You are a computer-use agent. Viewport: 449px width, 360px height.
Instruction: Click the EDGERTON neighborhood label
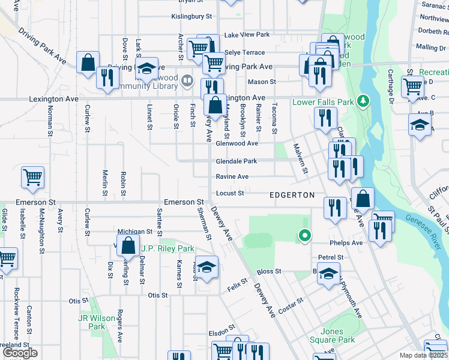(292, 195)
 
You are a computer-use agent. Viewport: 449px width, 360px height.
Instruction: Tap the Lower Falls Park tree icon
(362, 101)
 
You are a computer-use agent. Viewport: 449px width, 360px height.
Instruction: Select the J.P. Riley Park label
(167, 248)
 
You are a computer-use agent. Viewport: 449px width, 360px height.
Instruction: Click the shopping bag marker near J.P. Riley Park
(128, 245)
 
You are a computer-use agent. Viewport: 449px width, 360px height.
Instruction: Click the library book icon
(187, 80)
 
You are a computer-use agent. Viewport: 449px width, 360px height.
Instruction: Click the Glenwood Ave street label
(237, 143)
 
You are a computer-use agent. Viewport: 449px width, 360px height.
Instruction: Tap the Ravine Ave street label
(232, 177)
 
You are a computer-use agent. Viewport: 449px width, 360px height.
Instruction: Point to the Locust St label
(230, 193)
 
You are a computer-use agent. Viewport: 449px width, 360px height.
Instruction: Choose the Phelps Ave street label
(346, 243)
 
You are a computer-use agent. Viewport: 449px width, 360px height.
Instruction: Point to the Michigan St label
(134, 231)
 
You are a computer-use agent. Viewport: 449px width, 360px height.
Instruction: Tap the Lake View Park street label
(247, 35)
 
